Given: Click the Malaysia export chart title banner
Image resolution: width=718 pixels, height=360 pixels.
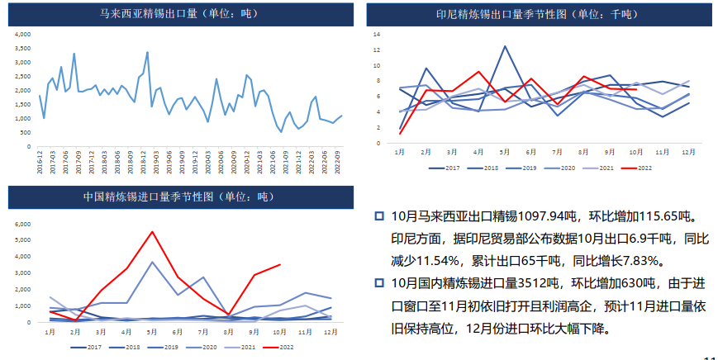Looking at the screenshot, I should point(180,13).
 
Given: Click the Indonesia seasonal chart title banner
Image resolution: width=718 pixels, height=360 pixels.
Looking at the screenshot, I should point(536,13).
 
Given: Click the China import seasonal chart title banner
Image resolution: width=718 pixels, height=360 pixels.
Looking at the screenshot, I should point(180,197).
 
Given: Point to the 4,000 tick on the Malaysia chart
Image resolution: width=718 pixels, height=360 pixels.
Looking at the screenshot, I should point(23,35).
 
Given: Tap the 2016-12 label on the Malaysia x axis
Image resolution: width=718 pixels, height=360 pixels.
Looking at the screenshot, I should point(40,157).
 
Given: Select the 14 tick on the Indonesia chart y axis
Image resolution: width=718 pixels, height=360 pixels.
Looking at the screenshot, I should point(376,35).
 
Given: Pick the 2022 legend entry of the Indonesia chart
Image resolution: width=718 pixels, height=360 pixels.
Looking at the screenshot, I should point(636,168).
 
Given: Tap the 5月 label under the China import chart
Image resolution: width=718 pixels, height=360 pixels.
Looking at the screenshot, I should point(152,332).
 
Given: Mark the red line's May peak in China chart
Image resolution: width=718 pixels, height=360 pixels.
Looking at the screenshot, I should point(152,232).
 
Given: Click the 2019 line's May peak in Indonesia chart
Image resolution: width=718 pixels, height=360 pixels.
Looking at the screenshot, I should point(505,46).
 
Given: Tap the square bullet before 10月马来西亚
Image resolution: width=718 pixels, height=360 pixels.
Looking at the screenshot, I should point(379,217).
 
